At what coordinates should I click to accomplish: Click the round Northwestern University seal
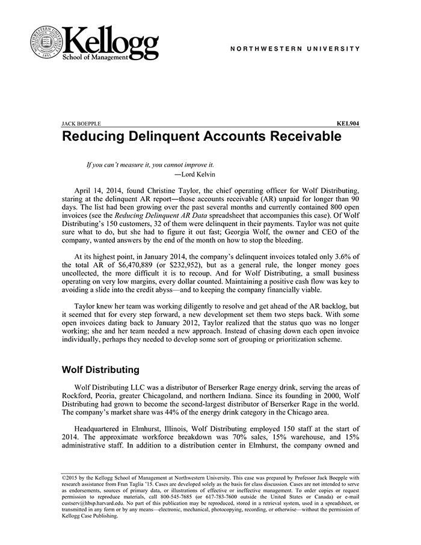tap(46, 42)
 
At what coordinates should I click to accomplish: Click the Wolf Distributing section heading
tap(101, 369)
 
